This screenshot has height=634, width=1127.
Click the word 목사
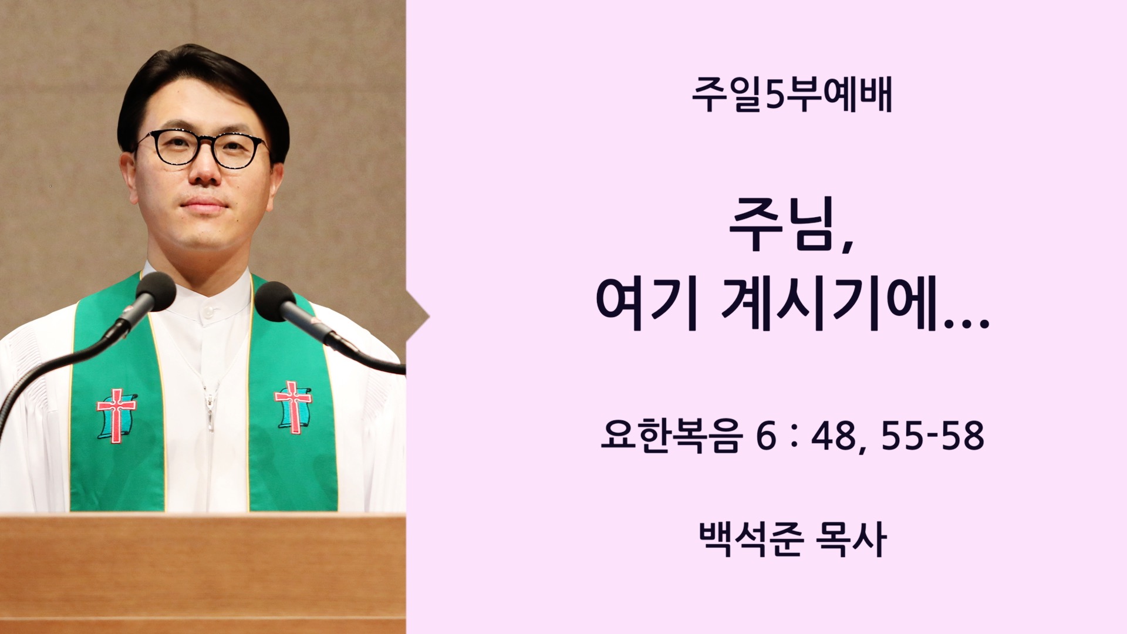coord(851,539)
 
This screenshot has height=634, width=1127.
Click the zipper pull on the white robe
coord(208,405)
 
